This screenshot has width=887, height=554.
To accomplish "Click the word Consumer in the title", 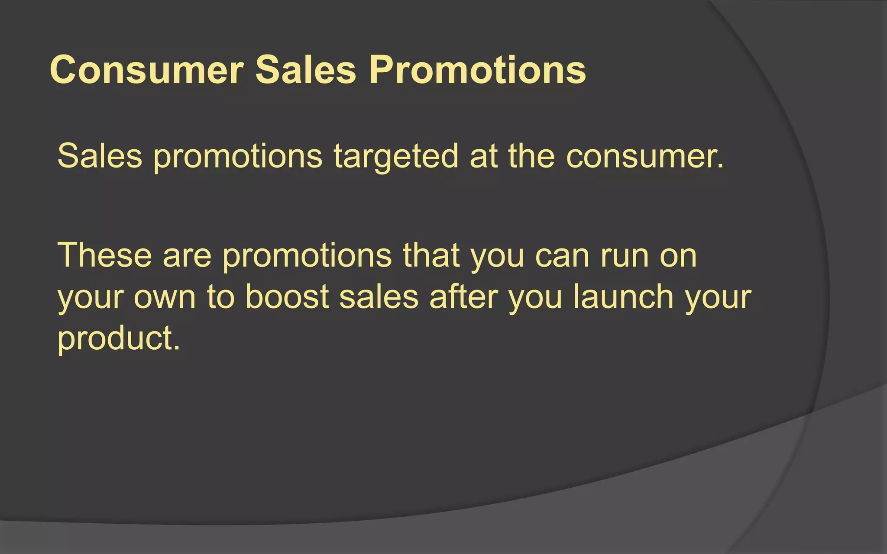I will (147, 70).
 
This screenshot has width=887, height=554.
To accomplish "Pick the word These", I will (104, 255).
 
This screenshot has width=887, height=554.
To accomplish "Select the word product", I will (118, 338).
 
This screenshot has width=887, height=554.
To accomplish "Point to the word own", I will (165, 298).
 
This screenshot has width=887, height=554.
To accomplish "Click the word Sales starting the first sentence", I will (100, 156).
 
